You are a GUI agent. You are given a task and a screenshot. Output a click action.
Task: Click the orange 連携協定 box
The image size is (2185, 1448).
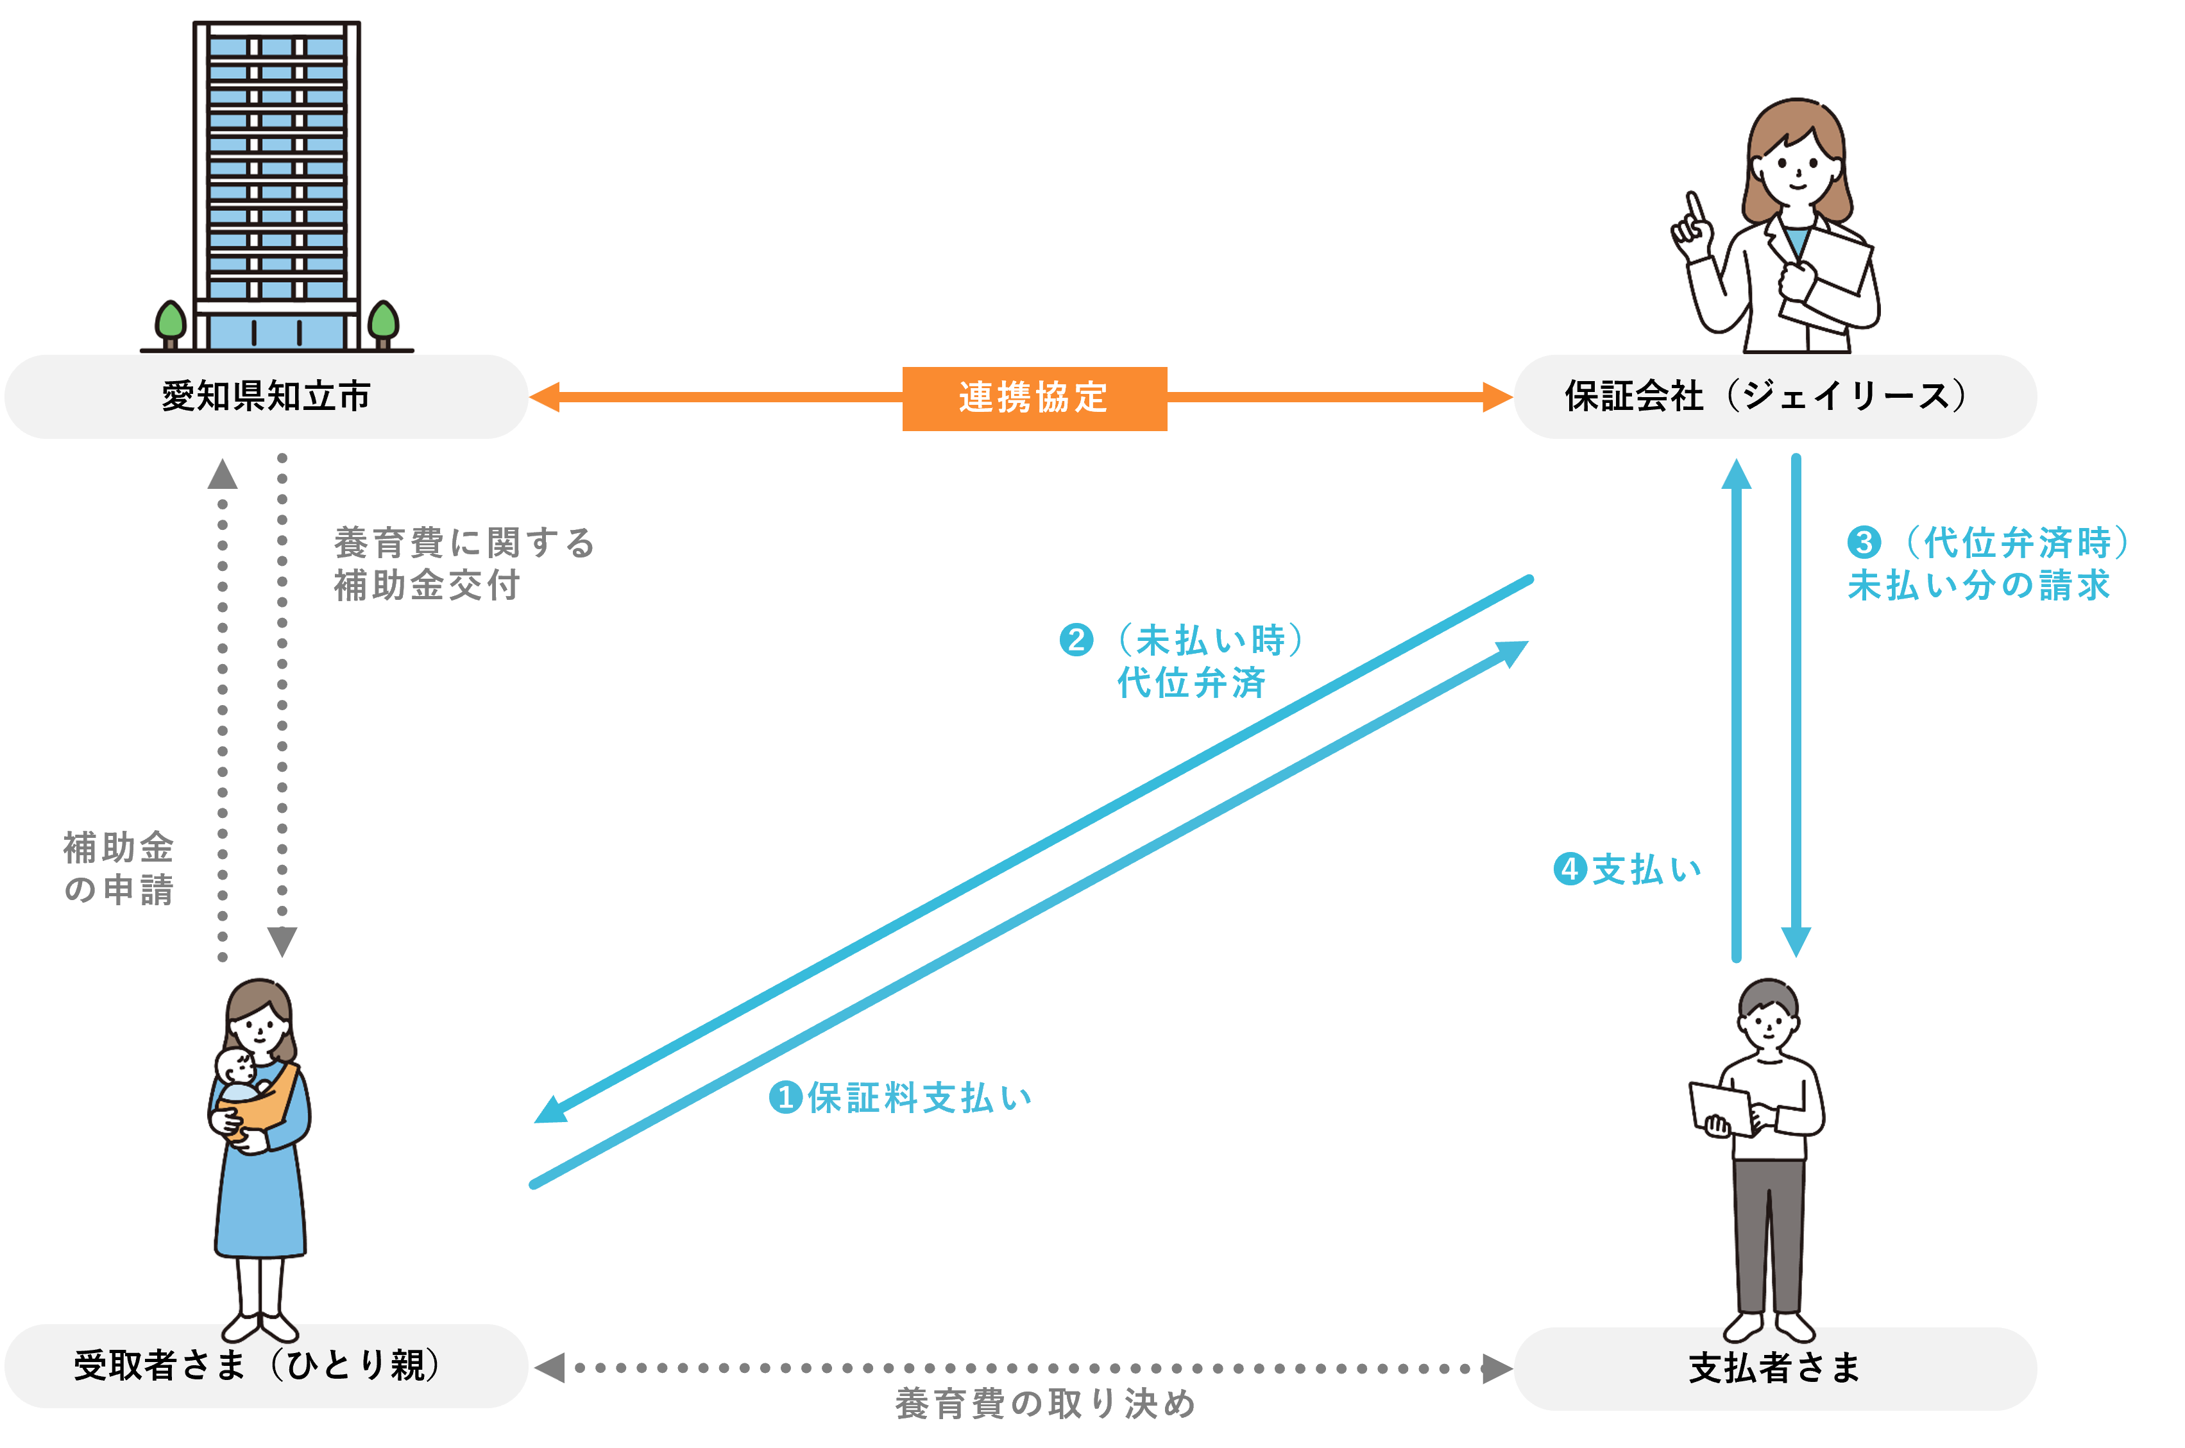[1034, 398]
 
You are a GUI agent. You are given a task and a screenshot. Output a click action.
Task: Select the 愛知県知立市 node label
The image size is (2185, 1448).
[266, 396]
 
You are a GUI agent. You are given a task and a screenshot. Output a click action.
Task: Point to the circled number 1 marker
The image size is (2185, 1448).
[785, 1097]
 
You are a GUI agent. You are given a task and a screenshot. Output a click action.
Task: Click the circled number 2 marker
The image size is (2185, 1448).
[1076, 640]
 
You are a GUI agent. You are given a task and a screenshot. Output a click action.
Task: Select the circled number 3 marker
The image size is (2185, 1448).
[1864, 542]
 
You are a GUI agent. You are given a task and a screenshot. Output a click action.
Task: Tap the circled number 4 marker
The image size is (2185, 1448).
[1570, 869]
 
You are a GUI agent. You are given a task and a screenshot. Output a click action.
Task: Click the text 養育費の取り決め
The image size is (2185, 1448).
[1046, 1404]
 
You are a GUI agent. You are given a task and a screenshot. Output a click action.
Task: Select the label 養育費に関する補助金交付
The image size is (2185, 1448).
[464, 563]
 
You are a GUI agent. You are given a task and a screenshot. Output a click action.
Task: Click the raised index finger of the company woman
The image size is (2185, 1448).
[1695, 209]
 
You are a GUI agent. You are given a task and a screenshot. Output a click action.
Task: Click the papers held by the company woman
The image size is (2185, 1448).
[1833, 277]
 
